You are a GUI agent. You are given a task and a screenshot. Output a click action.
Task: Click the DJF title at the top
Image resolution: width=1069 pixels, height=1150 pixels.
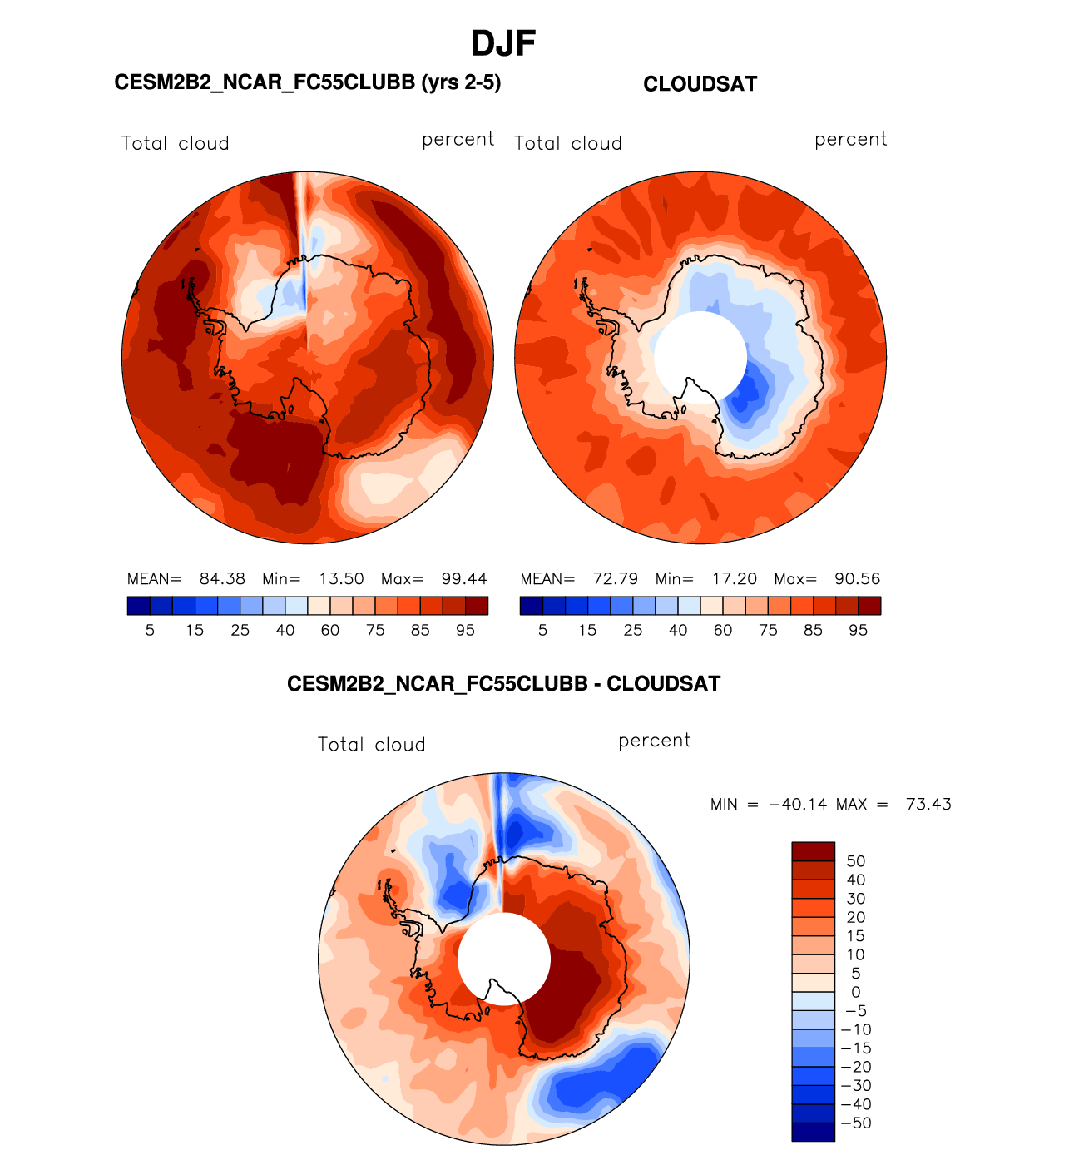point(503,44)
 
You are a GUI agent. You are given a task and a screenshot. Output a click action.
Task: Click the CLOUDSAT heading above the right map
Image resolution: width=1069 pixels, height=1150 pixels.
point(700,84)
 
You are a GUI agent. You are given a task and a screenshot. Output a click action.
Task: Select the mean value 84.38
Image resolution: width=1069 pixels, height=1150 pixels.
point(222,579)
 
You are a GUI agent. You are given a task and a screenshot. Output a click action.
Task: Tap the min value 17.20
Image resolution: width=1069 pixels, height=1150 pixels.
point(735,579)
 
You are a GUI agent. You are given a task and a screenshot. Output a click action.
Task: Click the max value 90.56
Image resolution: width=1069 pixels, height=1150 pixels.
point(857,579)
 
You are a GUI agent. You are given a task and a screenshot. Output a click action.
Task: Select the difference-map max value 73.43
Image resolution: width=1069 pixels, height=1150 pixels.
point(928,805)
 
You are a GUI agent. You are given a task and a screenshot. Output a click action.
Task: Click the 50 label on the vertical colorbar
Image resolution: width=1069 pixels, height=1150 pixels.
point(856,861)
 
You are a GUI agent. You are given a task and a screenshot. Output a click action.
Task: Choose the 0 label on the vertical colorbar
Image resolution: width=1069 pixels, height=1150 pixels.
point(856,992)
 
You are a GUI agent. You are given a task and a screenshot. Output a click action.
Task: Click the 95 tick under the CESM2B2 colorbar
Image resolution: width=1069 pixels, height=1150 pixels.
point(465,631)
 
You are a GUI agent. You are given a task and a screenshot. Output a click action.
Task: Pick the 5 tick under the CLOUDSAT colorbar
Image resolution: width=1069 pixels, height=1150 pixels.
point(542,631)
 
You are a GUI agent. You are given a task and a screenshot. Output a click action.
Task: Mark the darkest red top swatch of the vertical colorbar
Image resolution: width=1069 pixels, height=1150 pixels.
point(813,851)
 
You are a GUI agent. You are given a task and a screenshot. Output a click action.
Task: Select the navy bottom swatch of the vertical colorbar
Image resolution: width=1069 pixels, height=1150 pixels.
point(813,1132)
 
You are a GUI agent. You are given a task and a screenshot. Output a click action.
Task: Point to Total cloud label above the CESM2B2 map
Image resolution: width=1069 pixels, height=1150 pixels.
point(175,143)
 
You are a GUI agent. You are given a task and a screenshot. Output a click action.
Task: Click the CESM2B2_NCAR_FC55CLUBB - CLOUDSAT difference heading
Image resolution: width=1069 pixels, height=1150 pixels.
point(503,684)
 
